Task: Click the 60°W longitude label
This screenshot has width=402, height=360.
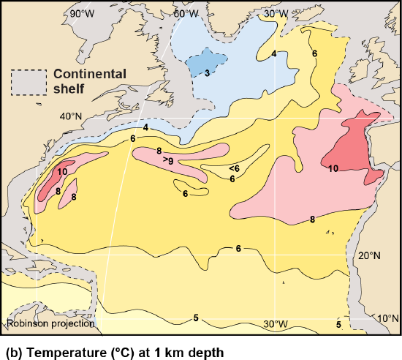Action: tap(188, 14)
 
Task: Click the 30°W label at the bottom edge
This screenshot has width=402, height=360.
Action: tap(276, 324)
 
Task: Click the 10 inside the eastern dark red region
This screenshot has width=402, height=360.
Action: tap(333, 169)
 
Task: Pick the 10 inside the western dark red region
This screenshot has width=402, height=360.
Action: tap(63, 170)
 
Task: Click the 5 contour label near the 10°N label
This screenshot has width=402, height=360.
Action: tap(338, 323)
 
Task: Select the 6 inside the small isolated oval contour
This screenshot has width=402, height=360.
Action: tap(186, 193)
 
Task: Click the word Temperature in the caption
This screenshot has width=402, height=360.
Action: tap(55, 350)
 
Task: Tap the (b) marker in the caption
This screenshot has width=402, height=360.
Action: tap(12, 350)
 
